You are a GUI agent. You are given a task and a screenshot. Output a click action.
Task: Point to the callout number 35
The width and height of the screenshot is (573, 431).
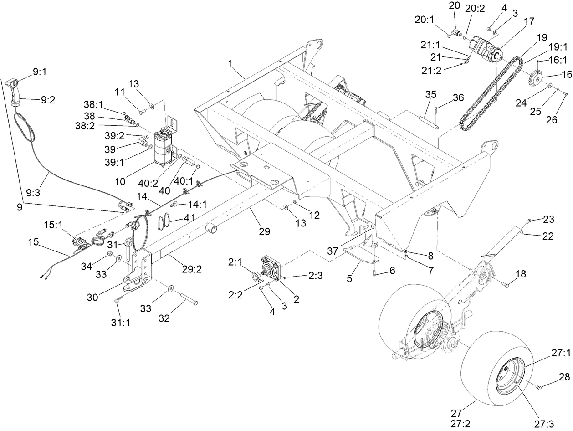tap(430, 94)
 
